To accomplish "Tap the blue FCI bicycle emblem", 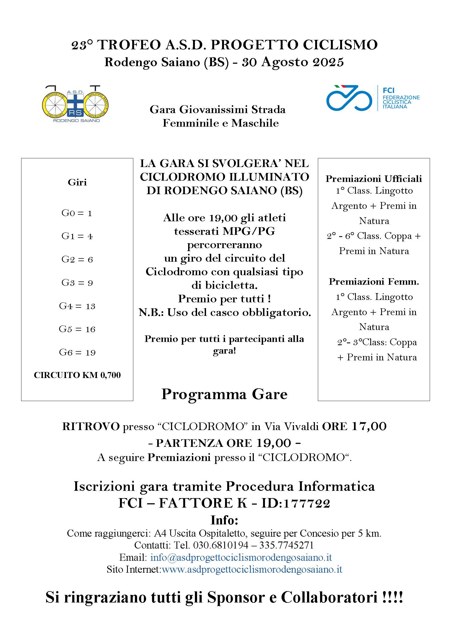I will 349,98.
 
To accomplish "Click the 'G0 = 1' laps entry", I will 77,213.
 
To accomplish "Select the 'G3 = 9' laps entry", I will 77,283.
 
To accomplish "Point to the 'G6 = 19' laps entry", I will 77,353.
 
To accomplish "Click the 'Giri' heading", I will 77,182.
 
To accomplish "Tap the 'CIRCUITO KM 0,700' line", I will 77,375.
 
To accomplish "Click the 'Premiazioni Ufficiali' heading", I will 374,179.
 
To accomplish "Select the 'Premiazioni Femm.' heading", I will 374,281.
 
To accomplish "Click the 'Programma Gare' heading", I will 224,394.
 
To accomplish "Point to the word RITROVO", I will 91,427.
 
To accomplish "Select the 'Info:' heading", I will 224,520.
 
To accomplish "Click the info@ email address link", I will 241,557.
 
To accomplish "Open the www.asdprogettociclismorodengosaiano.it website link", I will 252,569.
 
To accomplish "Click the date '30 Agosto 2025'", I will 293,62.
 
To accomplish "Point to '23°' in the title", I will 82,45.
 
